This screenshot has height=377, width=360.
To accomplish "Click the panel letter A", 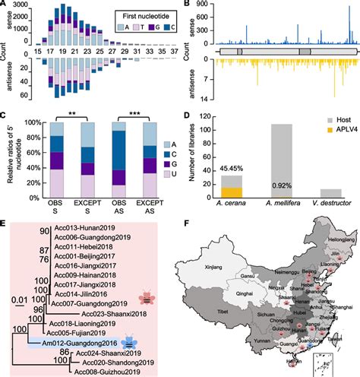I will click(x=5, y=5).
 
